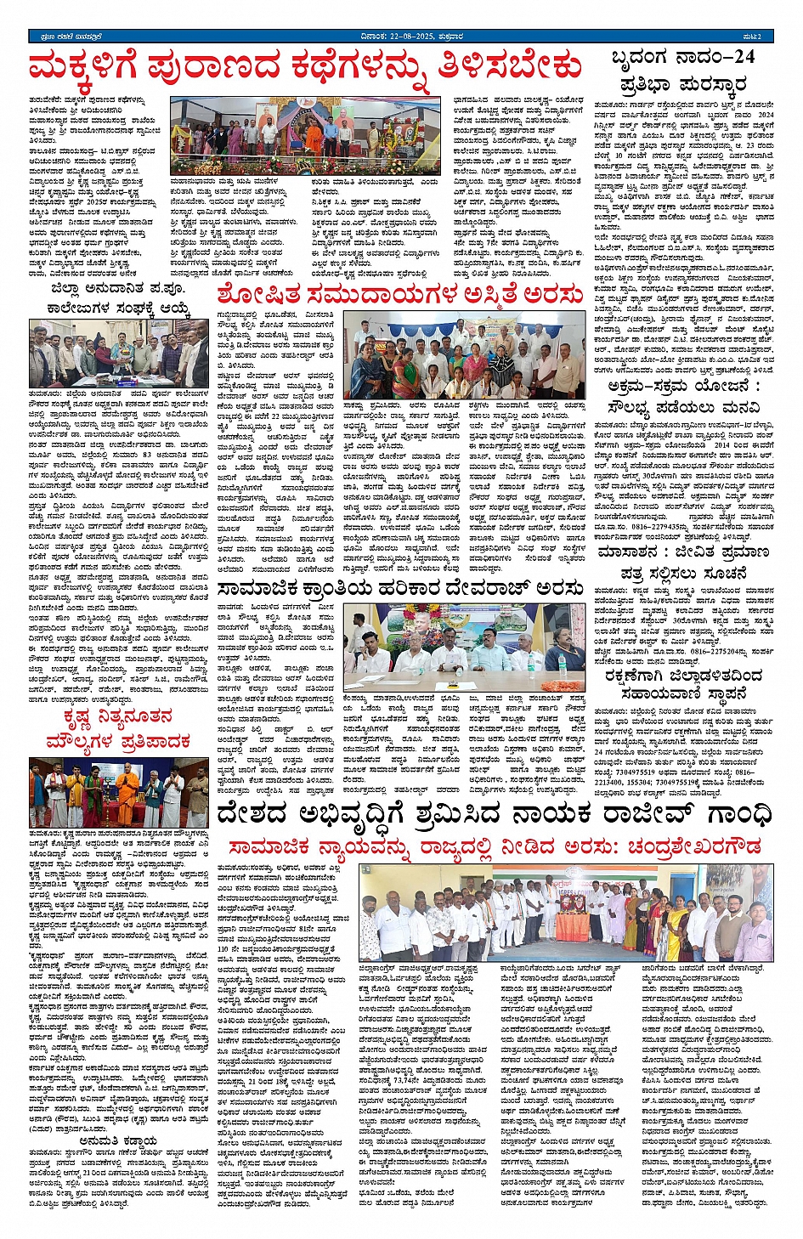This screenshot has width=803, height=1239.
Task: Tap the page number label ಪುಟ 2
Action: click(763, 37)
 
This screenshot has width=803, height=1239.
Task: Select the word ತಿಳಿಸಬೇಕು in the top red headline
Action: click(511, 66)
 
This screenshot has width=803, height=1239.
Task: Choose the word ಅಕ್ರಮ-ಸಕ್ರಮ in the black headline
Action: click(649, 387)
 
